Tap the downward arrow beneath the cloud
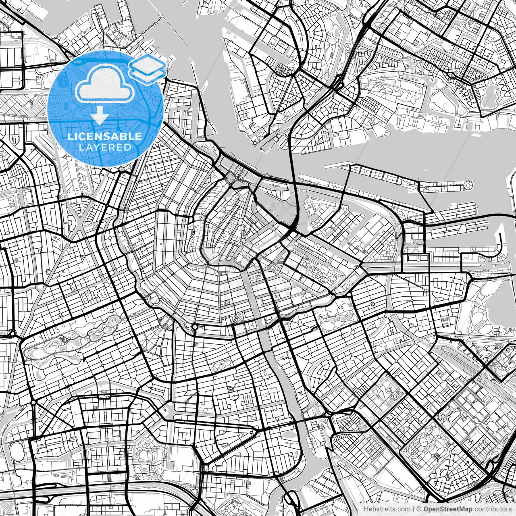pyautogui.click(x=99, y=117)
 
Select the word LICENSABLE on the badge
pyautogui.click(x=105, y=136)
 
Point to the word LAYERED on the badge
pyautogui.click(x=105, y=148)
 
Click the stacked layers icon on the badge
pyautogui.click(x=148, y=69)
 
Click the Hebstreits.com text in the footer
pyautogui.click(x=387, y=509)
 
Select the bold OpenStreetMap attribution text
pyautogui.click(x=447, y=509)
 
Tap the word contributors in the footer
pyautogui.click(x=492, y=509)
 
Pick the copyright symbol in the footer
pyautogui.click(x=419, y=509)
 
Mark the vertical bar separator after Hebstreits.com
pyautogui.click(x=414, y=509)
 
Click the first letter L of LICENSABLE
pyautogui.click(x=70, y=137)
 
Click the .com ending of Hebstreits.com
pyautogui.click(x=403, y=509)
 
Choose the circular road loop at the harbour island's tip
pyautogui.click(x=468, y=186)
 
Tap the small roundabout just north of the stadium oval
pyautogui.click(x=33, y=402)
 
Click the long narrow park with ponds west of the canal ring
pyautogui.click(x=73, y=339)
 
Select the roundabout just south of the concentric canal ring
pyautogui.click(x=194, y=327)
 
